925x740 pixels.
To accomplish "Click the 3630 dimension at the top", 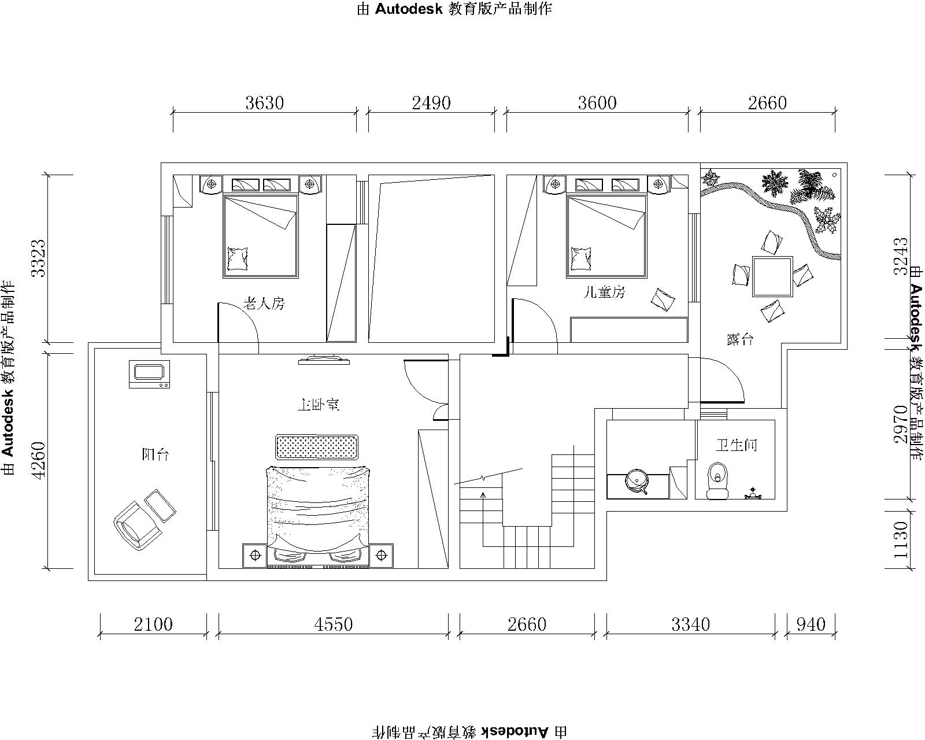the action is tap(265, 103).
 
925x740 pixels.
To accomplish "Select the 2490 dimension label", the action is tap(431, 103).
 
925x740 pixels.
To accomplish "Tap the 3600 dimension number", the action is tap(597, 103).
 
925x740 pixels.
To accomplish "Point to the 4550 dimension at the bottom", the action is tap(333, 624).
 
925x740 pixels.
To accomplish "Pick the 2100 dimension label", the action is tap(153, 624).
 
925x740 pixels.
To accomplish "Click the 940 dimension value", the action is tap(811, 624).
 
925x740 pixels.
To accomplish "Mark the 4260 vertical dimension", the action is tap(39, 460).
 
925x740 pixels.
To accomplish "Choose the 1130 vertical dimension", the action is tap(901, 540).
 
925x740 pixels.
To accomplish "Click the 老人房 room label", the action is tap(264, 304).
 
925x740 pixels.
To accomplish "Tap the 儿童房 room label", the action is tap(604, 293).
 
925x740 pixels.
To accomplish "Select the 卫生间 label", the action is tap(737, 445).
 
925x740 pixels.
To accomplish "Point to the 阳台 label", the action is tap(156, 454).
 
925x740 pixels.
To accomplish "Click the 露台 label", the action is tap(740, 340).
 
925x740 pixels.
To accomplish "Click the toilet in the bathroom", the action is tap(717, 480).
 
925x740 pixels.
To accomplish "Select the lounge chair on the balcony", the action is tap(145, 519).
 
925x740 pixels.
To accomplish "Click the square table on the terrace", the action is tap(772, 276).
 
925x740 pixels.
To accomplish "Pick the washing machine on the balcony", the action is tap(150, 374).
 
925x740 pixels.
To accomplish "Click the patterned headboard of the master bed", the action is tap(317, 447).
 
